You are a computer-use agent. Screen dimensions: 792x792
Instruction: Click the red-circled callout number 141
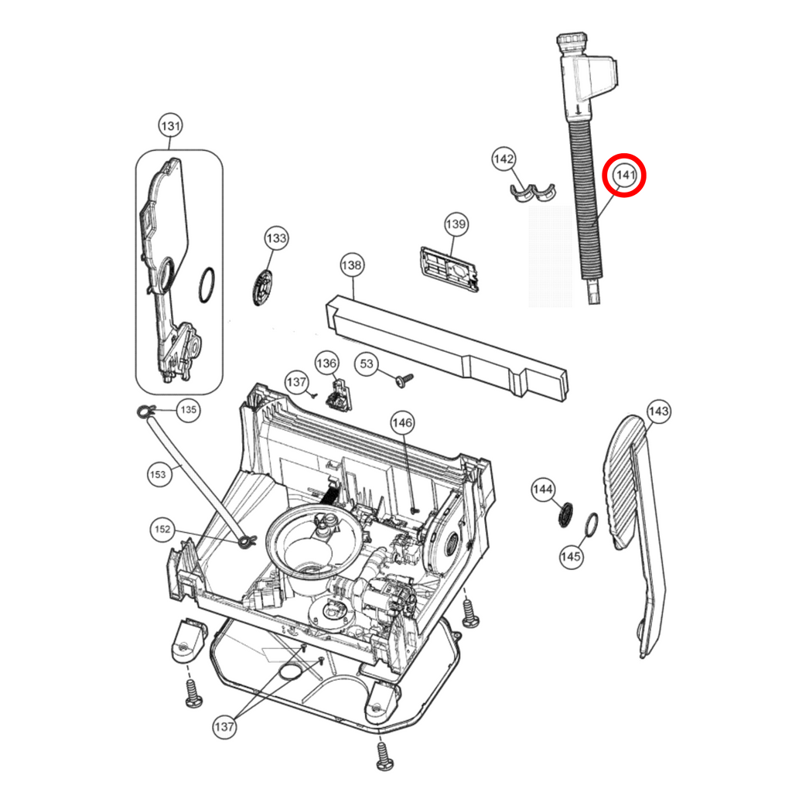(x=625, y=176)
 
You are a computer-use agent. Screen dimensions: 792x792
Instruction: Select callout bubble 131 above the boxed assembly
(x=170, y=126)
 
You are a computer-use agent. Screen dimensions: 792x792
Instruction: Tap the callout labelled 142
(x=504, y=159)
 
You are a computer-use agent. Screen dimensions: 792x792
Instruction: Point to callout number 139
(x=456, y=224)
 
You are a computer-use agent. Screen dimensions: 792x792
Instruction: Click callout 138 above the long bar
(x=352, y=265)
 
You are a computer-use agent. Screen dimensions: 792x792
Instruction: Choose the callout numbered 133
(x=276, y=238)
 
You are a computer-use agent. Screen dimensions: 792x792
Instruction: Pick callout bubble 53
(x=367, y=364)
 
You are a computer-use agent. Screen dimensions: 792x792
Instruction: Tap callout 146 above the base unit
(x=402, y=423)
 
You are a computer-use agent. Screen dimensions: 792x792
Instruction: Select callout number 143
(x=658, y=411)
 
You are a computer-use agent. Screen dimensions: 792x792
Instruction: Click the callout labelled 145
(x=571, y=557)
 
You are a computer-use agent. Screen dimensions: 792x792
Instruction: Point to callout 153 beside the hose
(x=158, y=474)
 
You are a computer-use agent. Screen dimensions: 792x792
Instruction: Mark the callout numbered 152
(x=162, y=529)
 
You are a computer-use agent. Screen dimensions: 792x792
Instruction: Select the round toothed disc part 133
(x=262, y=288)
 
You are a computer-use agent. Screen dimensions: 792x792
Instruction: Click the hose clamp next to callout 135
(x=146, y=411)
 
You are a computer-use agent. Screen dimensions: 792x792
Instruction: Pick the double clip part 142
(x=532, y=192)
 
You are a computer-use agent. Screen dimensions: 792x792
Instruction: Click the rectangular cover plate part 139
(x=449, y=268)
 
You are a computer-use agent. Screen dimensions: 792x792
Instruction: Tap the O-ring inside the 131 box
(x=207, y=285)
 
